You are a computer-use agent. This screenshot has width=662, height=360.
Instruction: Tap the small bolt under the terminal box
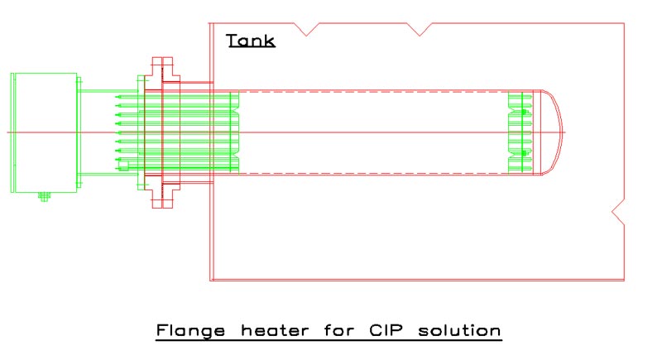(43, 197)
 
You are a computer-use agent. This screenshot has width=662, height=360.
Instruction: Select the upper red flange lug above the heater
(162, 66)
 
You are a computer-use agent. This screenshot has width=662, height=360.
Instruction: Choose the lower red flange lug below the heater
(162, 199)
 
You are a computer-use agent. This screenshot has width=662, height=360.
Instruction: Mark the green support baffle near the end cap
(519, 132)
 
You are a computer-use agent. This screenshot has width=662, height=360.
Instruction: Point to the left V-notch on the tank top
(310, 29)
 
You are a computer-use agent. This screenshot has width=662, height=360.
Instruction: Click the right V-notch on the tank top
(422, 29)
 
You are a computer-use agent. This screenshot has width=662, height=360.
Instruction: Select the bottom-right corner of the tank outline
(625, 281)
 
